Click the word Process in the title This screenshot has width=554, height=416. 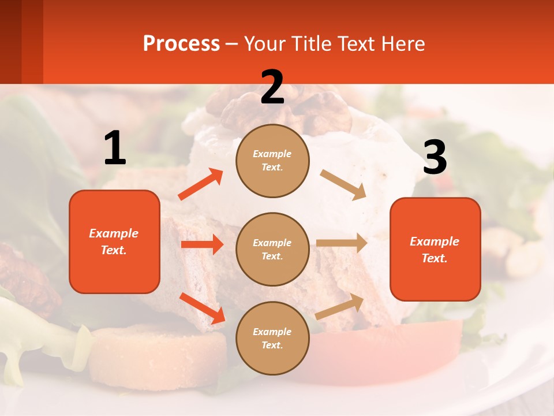click(x=181, y=44)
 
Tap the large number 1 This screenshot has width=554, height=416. click(x=115, y=148)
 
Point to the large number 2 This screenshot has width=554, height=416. click(x=272, y=87)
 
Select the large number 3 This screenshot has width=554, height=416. click(x=435, y=157)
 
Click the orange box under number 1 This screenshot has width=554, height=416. click(x=114, y=242)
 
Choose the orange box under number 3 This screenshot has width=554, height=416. click(x=435, y=249)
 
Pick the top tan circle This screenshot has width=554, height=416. click(x=272, y=161)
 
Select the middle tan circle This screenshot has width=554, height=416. click(x=272, y=249)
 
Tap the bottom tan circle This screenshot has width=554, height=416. click(x=272, y=338)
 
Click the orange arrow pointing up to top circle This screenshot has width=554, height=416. click(x=200, y=184)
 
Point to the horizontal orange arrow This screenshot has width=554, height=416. click(x=202, y=244)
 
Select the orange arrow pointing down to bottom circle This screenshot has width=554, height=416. click(x=202, y=307)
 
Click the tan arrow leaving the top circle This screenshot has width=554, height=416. click(x=343, y=185)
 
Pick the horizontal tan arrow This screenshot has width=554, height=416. click(x=342, y=243)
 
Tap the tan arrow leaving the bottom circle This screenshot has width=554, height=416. click(x=339, y=306)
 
